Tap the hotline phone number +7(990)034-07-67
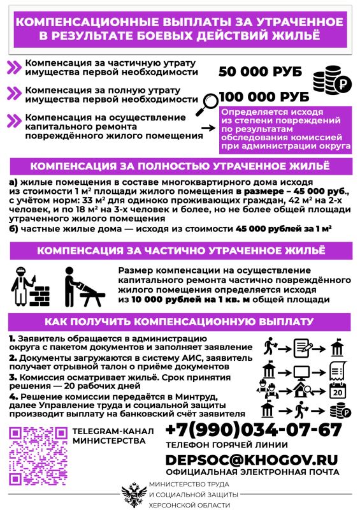click(x=254, y=428)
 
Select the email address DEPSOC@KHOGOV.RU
click(x=252, y=459)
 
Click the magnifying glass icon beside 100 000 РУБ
click(x=208, y=102)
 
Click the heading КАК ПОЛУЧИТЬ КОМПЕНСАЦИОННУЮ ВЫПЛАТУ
click(x=180, y=321)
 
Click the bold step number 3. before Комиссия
click(x=13, y=377)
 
